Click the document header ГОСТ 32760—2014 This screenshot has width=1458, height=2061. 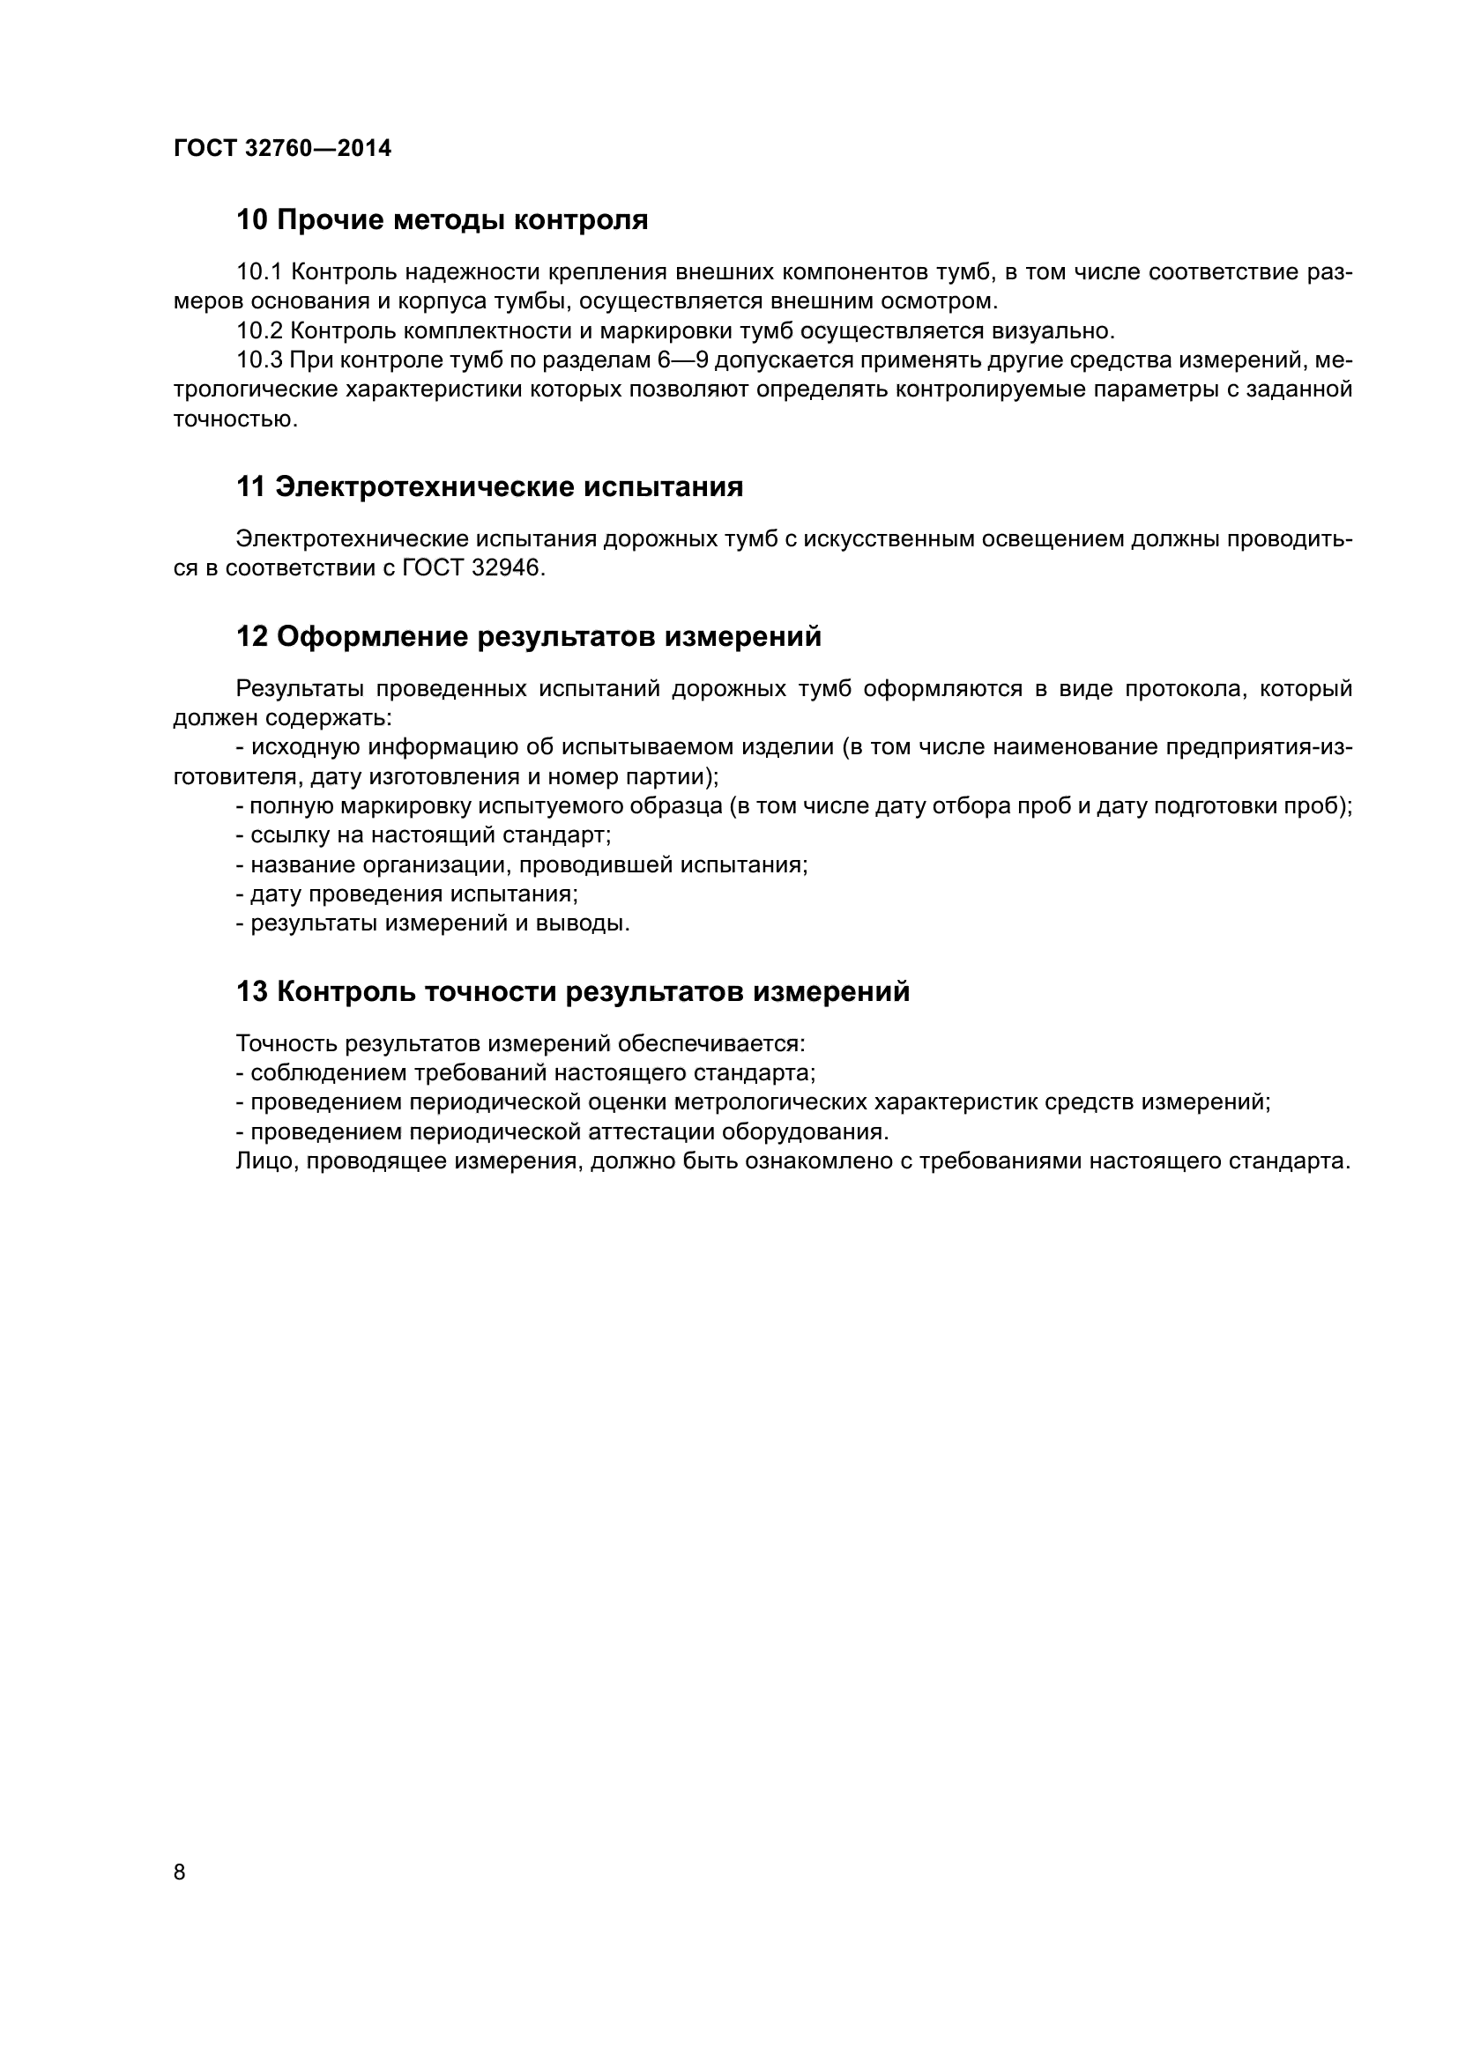(282, 148)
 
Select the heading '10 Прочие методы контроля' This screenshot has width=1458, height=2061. (442, 220)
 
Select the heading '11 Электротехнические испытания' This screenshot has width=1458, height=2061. (489, 487)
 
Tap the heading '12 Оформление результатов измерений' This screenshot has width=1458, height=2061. (529, 636)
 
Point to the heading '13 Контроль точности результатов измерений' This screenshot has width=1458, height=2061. (573, 992)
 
